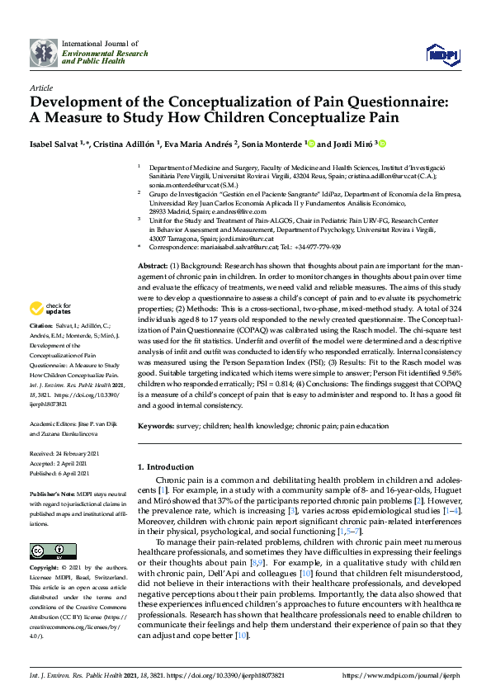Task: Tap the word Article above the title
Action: coord(40,87)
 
